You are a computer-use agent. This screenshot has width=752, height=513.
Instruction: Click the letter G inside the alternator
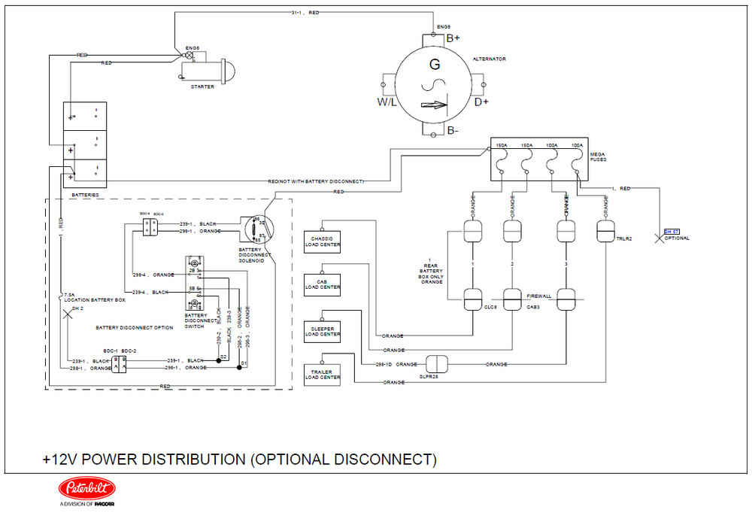coord(434,65)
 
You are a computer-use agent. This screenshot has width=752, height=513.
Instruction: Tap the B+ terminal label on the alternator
coord(453,38)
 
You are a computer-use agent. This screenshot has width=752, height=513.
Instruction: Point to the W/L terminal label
coord(387,102)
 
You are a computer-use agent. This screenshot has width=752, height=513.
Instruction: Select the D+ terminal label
coord(481,102)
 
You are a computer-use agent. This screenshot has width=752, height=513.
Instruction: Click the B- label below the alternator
coord(453,131)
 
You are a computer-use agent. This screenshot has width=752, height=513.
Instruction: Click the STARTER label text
coord(202,87)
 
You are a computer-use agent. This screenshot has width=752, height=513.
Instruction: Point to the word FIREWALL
coord(538,296)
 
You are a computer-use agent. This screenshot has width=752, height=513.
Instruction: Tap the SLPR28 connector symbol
coord(437,363)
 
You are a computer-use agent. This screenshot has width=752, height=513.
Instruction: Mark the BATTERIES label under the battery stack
coord(85,195)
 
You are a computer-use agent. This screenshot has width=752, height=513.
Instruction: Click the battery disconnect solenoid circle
coord(258,229)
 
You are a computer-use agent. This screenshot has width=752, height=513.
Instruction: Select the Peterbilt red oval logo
coord(86,489)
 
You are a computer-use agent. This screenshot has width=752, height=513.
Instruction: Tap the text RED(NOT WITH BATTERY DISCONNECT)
coord(316,182)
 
